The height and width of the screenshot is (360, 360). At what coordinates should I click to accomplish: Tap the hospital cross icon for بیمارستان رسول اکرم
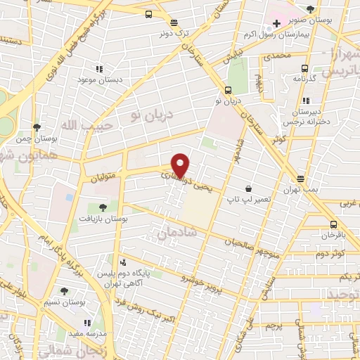tap(278, 24)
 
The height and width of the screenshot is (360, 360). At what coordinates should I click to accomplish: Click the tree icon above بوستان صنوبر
tap(310, 9)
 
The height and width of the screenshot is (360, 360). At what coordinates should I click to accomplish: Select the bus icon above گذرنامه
tap(304, 68)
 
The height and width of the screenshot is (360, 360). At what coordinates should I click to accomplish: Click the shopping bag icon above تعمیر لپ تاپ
tap(249, 188)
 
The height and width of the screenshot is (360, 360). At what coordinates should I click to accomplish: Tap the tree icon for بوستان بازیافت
tap(103, 207)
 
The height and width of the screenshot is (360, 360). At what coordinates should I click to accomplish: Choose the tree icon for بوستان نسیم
tap(65, 290)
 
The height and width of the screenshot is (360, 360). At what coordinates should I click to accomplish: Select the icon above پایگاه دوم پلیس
tap(124, 262)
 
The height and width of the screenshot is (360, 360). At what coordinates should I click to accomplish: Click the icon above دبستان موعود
tap(99, 69)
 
